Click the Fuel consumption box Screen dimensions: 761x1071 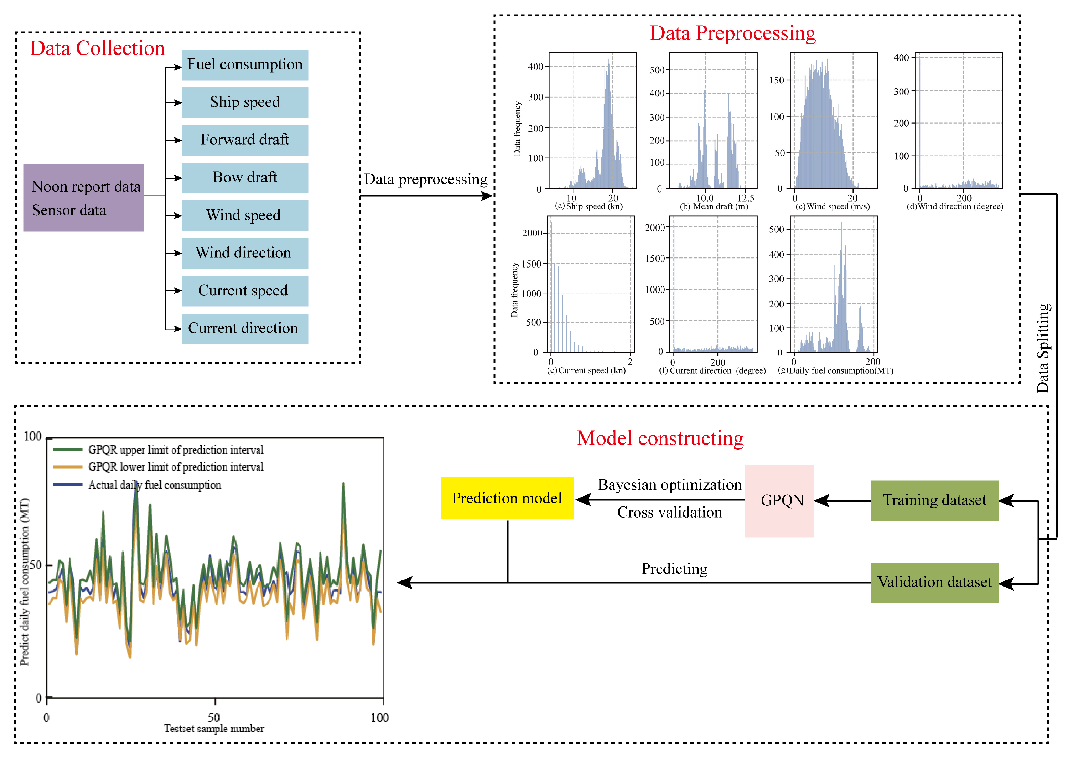pos(245,65)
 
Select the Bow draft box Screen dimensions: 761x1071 pos(245,178)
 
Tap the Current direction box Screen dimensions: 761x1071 pos(245,329)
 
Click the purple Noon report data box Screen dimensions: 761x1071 pos(83,197)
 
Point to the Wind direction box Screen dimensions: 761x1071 pos(245,253)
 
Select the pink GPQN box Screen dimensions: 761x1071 pos(779,500)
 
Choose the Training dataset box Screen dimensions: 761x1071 pos(934,500)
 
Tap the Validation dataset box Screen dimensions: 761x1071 pos(934,582)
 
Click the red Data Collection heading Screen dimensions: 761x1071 pos(97,48)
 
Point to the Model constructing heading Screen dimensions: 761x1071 pos(660,439)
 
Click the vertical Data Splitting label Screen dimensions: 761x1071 pos(1042,348)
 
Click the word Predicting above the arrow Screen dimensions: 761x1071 pos(674,569)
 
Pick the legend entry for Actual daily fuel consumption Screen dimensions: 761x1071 pos(154,485)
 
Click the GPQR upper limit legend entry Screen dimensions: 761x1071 pos(175,450)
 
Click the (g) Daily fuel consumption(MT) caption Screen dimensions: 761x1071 pos(835,371)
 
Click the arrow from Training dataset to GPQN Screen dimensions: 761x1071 pos(843,500)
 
